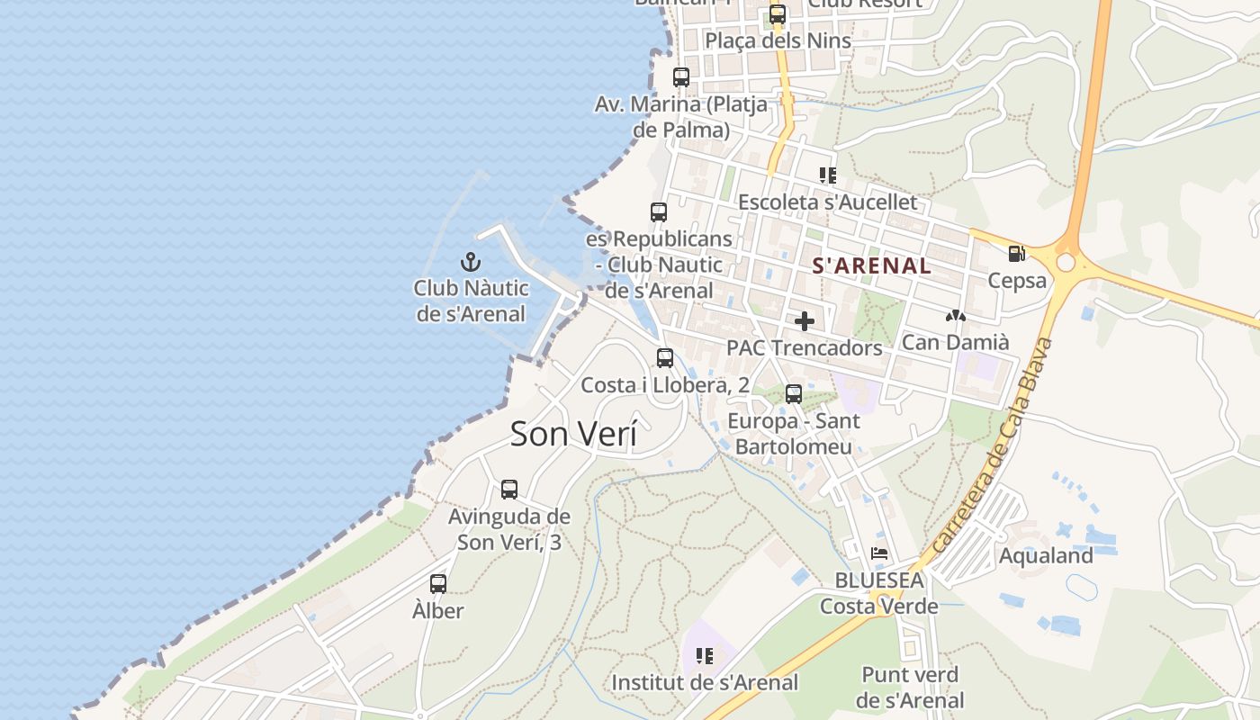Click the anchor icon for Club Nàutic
pos(470,262)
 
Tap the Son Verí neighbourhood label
pos(573,434)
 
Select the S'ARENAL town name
pos(871,265)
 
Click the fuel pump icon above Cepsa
pos(1017,255)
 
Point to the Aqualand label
pos(1046,555)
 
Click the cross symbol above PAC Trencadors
pos(805,321)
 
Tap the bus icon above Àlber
pos(438,584)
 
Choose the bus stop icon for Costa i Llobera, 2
pos(665,358)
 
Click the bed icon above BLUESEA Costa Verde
pos(879,553)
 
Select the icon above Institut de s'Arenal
pos(704,656)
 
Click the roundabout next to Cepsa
pos(1066,262)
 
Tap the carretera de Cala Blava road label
pos(993,445)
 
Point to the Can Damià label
pos(955,342)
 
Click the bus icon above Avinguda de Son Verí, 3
pos(509,490)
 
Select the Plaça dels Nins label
pos(778,40)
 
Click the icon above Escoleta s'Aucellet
pos(827,175)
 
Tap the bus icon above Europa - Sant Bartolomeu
pos(794,394)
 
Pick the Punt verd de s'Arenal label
pos(910,687)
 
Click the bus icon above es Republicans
pos(659,212)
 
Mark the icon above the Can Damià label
pos(955,317)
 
